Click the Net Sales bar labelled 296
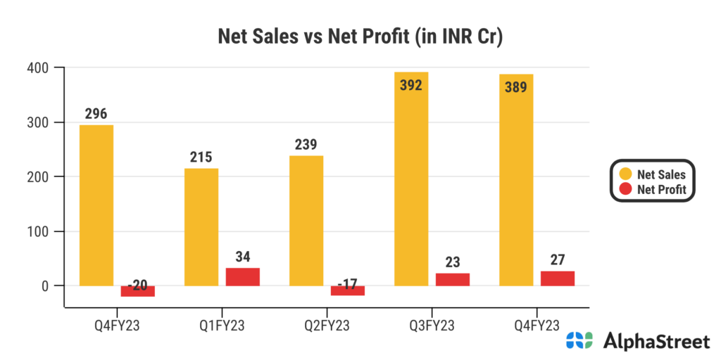(x=96, y=205)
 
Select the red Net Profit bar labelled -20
(x=138, y=291)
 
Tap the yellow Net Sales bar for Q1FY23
(x=201, y=227)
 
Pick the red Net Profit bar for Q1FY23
(x=243, y=277)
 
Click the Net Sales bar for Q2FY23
(x=306, y=221)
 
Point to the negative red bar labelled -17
(x=348, y=290)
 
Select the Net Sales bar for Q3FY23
(x=411, y=179)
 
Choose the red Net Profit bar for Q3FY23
(x=453, y=279)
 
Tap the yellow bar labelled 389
(x=516, y=180)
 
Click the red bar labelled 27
(x=558, y=278)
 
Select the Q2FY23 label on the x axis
(x=327, y=324)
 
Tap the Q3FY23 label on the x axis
(x=432, y=324)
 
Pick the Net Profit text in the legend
(x=661, y=189)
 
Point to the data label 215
(x=201, y=157)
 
